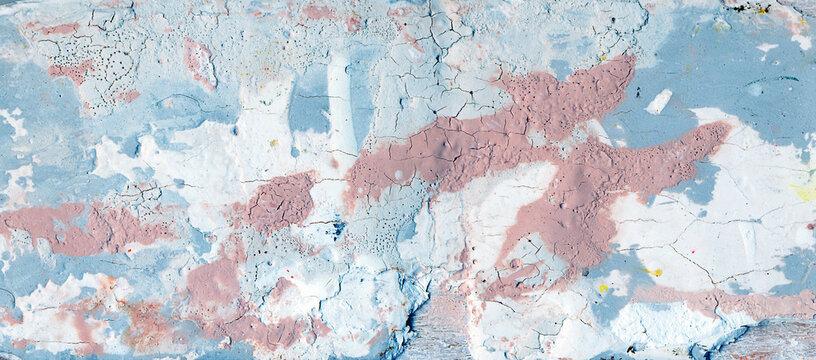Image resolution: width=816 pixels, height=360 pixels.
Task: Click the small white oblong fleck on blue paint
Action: (659, 101)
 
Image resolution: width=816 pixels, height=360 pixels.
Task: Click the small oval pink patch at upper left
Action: (198, 62)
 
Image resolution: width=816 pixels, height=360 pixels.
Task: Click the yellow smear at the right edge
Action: (802, 190)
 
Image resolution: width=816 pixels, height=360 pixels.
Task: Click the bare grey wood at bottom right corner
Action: (775, 340)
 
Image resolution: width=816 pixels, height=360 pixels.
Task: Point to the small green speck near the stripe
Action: (264, 102)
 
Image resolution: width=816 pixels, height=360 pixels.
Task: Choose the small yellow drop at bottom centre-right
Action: (603, 288)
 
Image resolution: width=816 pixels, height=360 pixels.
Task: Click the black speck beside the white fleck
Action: (637, 92)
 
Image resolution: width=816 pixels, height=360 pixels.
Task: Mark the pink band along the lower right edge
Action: (730, 300)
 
